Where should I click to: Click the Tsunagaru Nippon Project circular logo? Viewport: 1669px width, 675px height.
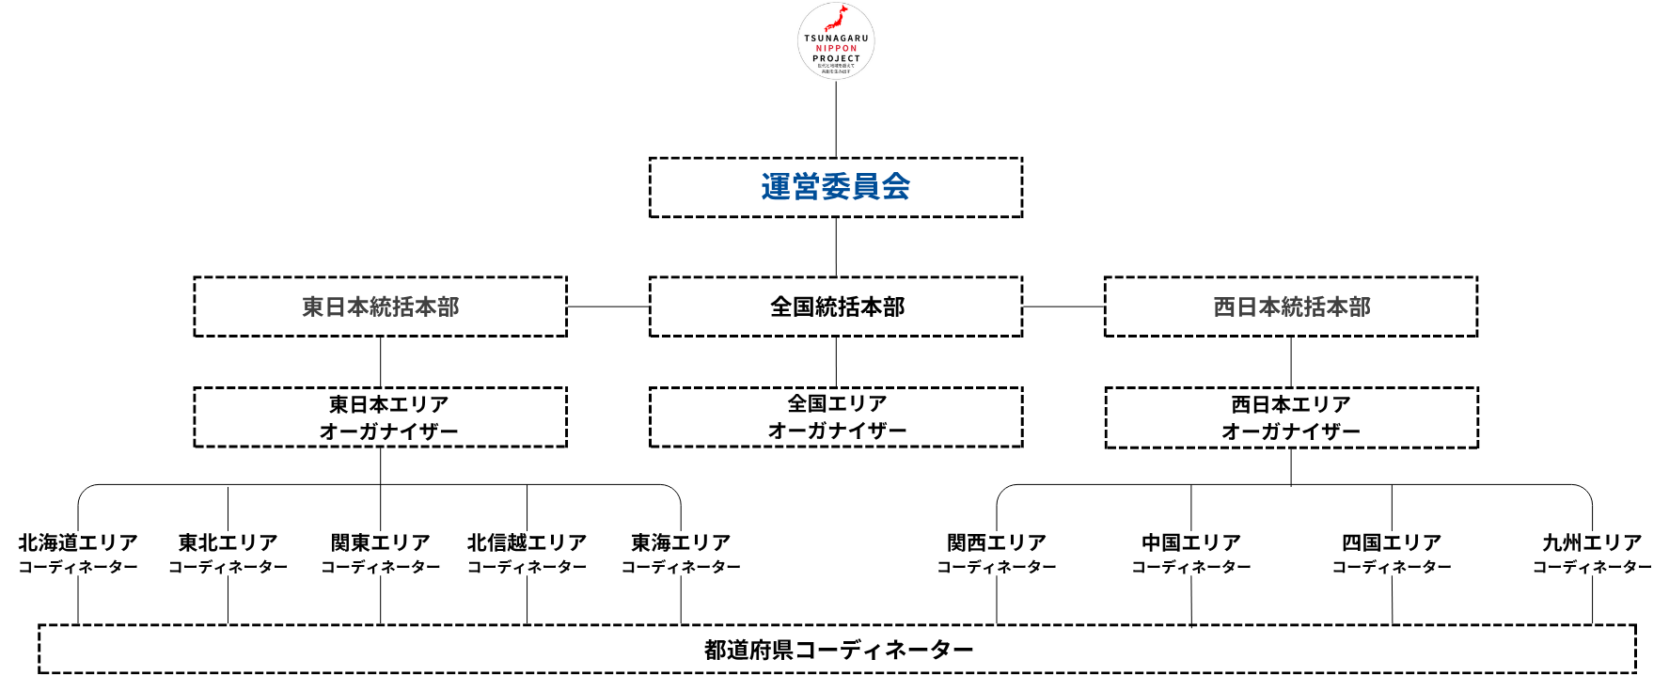click(x=836, y=40)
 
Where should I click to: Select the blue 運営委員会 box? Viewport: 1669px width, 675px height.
click(x=836, y=187)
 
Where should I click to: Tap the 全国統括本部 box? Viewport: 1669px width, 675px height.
click(x=836, y=306)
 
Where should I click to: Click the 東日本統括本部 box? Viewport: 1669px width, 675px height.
click(x=380, y=306)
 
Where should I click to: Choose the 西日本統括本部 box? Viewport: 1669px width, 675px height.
click(x=1291, y=306)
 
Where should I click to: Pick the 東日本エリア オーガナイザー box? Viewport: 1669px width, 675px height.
click(x=380, y=417)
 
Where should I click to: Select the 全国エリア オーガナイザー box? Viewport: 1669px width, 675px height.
click(x=836, y=416)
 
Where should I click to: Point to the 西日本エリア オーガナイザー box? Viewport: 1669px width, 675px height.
click(x=1291, y=417)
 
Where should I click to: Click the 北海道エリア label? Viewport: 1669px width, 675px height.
click(x=78, y=543)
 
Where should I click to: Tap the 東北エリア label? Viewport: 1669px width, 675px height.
click(x=228, y=543)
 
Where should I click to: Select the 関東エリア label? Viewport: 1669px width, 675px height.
click(x=380, y=543)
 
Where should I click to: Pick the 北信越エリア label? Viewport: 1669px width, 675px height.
click(x=527, y=543)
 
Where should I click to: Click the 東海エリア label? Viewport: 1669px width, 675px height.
click(x=681, y=543)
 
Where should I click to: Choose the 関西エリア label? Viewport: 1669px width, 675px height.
click(x=997, y=543)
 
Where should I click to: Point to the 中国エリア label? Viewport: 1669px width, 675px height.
click(x=1191, y=543)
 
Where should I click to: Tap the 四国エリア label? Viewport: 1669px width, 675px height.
click(x=1392, y=543)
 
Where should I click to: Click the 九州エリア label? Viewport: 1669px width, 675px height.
click(x=1592, y=543)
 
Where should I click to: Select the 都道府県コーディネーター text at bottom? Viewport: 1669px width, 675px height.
click(x=838, y=650)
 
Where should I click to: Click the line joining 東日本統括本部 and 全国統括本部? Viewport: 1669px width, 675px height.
click(x=608, y=306)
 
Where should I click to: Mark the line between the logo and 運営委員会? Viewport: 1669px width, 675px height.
click(x=836, y=118)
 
